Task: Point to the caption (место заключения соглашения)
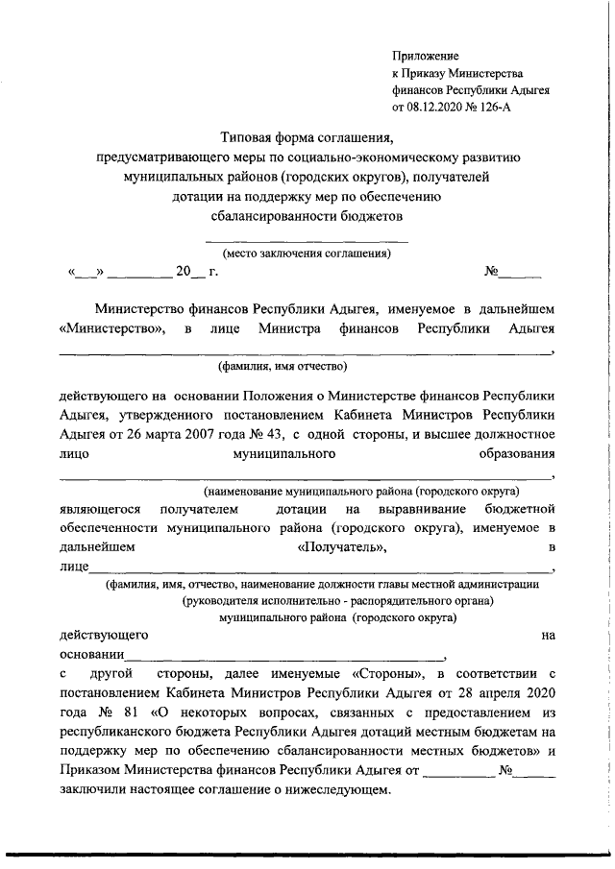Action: coord(307,254)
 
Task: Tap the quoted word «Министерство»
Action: coord(110,329)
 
